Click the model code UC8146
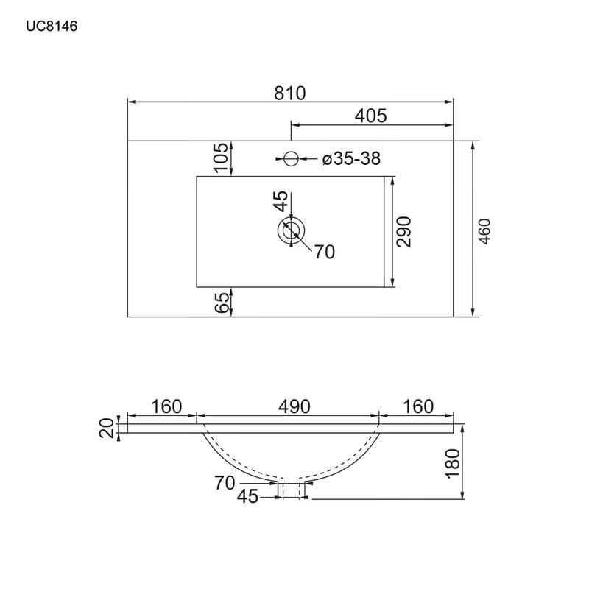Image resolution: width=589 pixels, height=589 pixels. tap(52, 27)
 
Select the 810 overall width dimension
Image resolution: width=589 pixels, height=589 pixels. tap(289, 94)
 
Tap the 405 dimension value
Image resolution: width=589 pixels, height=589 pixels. tap(370, 116)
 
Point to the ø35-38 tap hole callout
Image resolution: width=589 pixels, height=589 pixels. tap(352, 158)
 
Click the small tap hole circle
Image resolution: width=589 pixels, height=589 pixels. tap(291, 158)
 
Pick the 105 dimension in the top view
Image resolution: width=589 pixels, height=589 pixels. tap(222, 158)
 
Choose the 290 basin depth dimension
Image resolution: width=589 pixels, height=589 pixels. tap(404, 232)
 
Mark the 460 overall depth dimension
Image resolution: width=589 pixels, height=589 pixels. tap(485, 231)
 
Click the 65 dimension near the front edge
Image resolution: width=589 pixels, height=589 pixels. tap(222, 303)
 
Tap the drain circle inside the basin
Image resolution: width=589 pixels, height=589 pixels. tap(291, 230)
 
